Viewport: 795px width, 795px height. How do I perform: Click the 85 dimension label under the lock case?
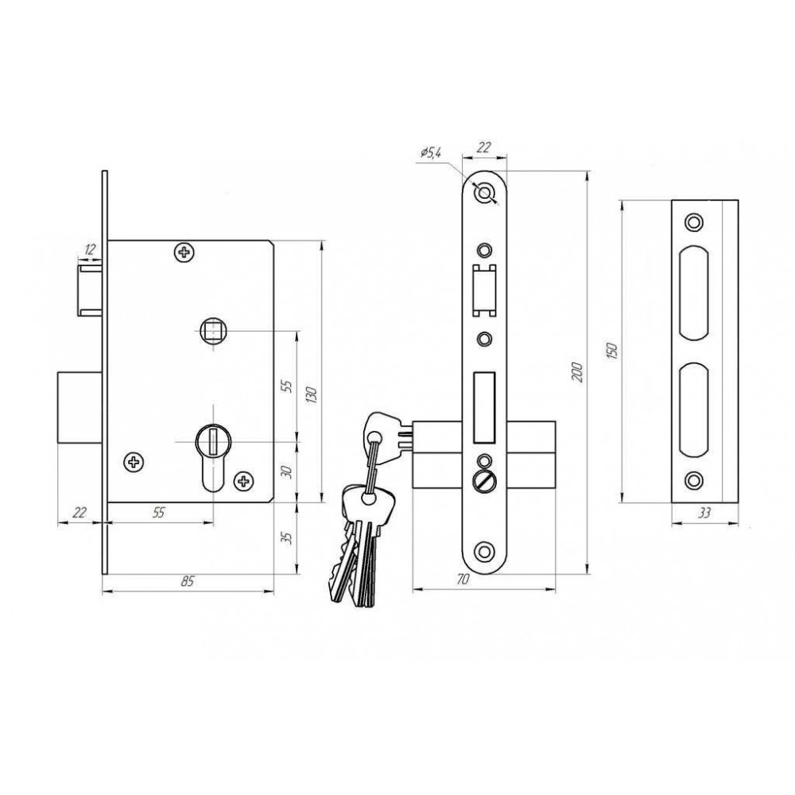point(188,580)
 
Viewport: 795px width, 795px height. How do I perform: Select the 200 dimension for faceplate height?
point(577,373)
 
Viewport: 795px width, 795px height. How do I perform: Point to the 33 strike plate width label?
point(704,513)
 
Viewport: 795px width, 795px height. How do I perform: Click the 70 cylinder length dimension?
point(463,579)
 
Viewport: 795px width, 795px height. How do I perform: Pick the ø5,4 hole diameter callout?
point(431,151)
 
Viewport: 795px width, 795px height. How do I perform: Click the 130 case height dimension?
point(312,394)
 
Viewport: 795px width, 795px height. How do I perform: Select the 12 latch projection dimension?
point(90,249)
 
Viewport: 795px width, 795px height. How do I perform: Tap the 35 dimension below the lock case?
point(286,538)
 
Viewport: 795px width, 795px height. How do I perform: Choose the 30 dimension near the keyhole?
point(286,472)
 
